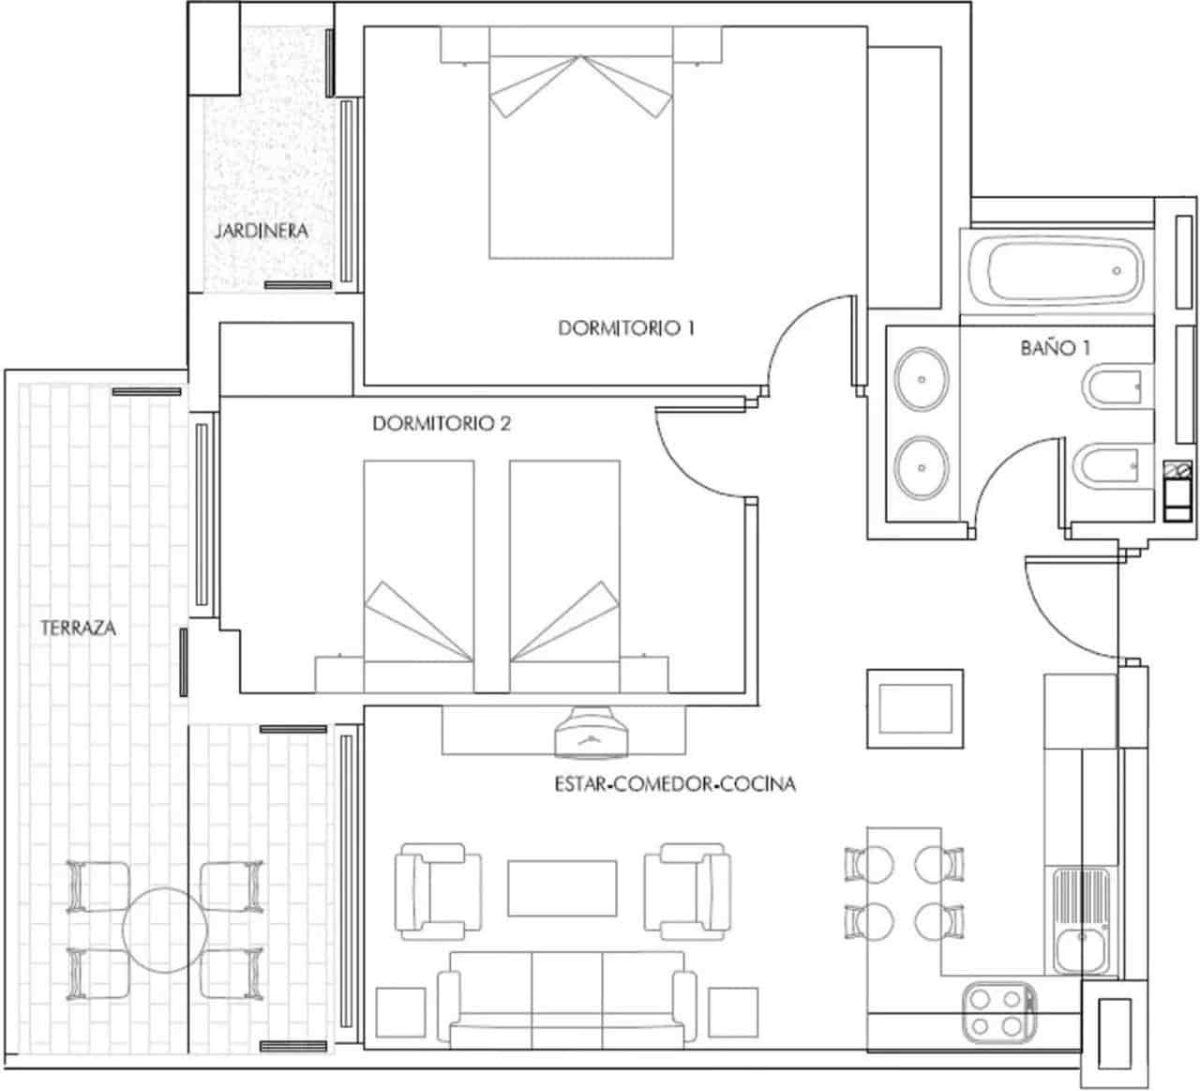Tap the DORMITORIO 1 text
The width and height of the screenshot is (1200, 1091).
625,328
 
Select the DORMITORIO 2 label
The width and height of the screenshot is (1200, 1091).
442,424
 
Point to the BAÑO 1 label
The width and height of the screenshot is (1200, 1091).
1055,348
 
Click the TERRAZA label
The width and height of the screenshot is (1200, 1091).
79,629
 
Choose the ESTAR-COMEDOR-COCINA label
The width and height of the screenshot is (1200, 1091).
675,783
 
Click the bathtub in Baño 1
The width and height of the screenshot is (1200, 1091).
1056,272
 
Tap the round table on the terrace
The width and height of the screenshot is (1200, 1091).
165,930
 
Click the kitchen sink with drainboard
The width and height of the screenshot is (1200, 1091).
1081,921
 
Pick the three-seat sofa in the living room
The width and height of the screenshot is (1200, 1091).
567,998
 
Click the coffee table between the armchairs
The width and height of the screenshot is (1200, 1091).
562,887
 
